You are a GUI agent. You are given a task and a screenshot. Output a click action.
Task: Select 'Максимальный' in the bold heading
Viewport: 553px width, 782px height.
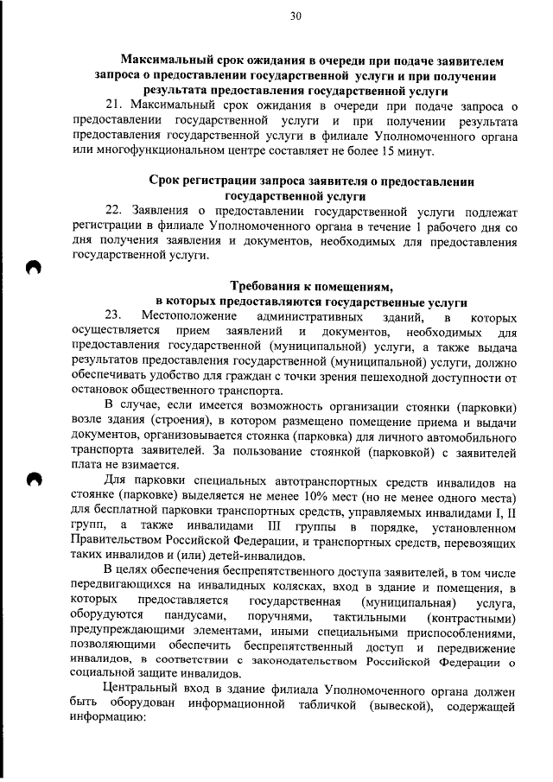(x=170, y=60)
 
